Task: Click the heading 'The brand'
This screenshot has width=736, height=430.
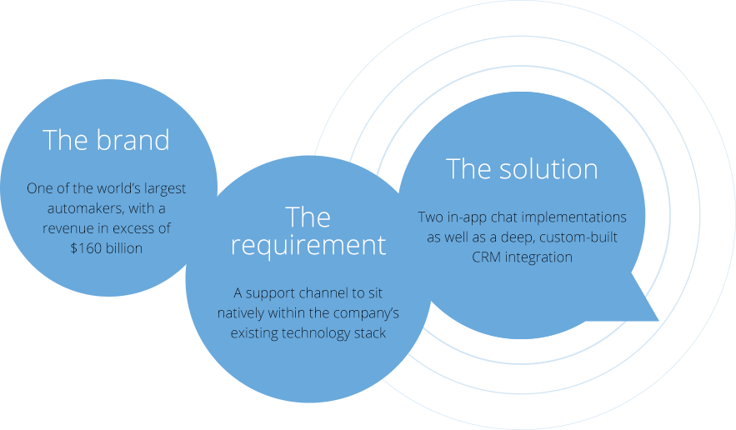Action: (x=106, y=140)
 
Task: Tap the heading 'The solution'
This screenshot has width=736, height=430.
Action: (x=522, y=168)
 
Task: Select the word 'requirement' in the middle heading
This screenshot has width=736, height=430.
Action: (x=308, y=246)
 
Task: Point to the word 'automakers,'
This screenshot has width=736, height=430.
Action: (x=86, y=208)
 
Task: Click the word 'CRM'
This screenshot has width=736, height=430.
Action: (x=487, y=257)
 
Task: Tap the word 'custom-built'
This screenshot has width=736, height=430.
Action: (x=578, y=237)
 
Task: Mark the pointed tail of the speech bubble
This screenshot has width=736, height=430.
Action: (x=658, y=320)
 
